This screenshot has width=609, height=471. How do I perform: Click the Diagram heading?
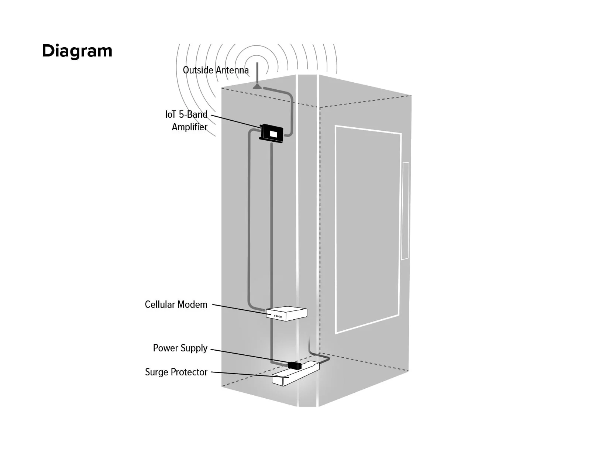click(77, 51)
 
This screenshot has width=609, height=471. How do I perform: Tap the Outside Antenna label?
click(216, 70)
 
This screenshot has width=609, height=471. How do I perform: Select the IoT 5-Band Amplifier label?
click(187, 120)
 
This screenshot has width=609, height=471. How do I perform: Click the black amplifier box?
click(272, 134)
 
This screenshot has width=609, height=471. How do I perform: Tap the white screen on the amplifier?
click(274, 134)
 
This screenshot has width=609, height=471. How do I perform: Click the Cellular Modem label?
click(176, 305)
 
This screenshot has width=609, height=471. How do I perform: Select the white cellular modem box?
click(286, 313)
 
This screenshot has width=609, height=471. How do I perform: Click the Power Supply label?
click(180, 348)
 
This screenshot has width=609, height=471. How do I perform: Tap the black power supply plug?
click(295, 365)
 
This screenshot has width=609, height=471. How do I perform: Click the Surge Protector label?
click(176, 372)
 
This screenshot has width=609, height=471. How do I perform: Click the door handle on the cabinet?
click(405, 211)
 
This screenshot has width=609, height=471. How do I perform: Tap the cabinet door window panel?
click(368, 229)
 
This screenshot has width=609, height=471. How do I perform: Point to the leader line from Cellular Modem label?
click(239, 309)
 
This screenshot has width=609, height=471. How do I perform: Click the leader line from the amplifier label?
click(235, 121)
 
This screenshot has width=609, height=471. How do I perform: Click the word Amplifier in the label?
click(189, 127)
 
